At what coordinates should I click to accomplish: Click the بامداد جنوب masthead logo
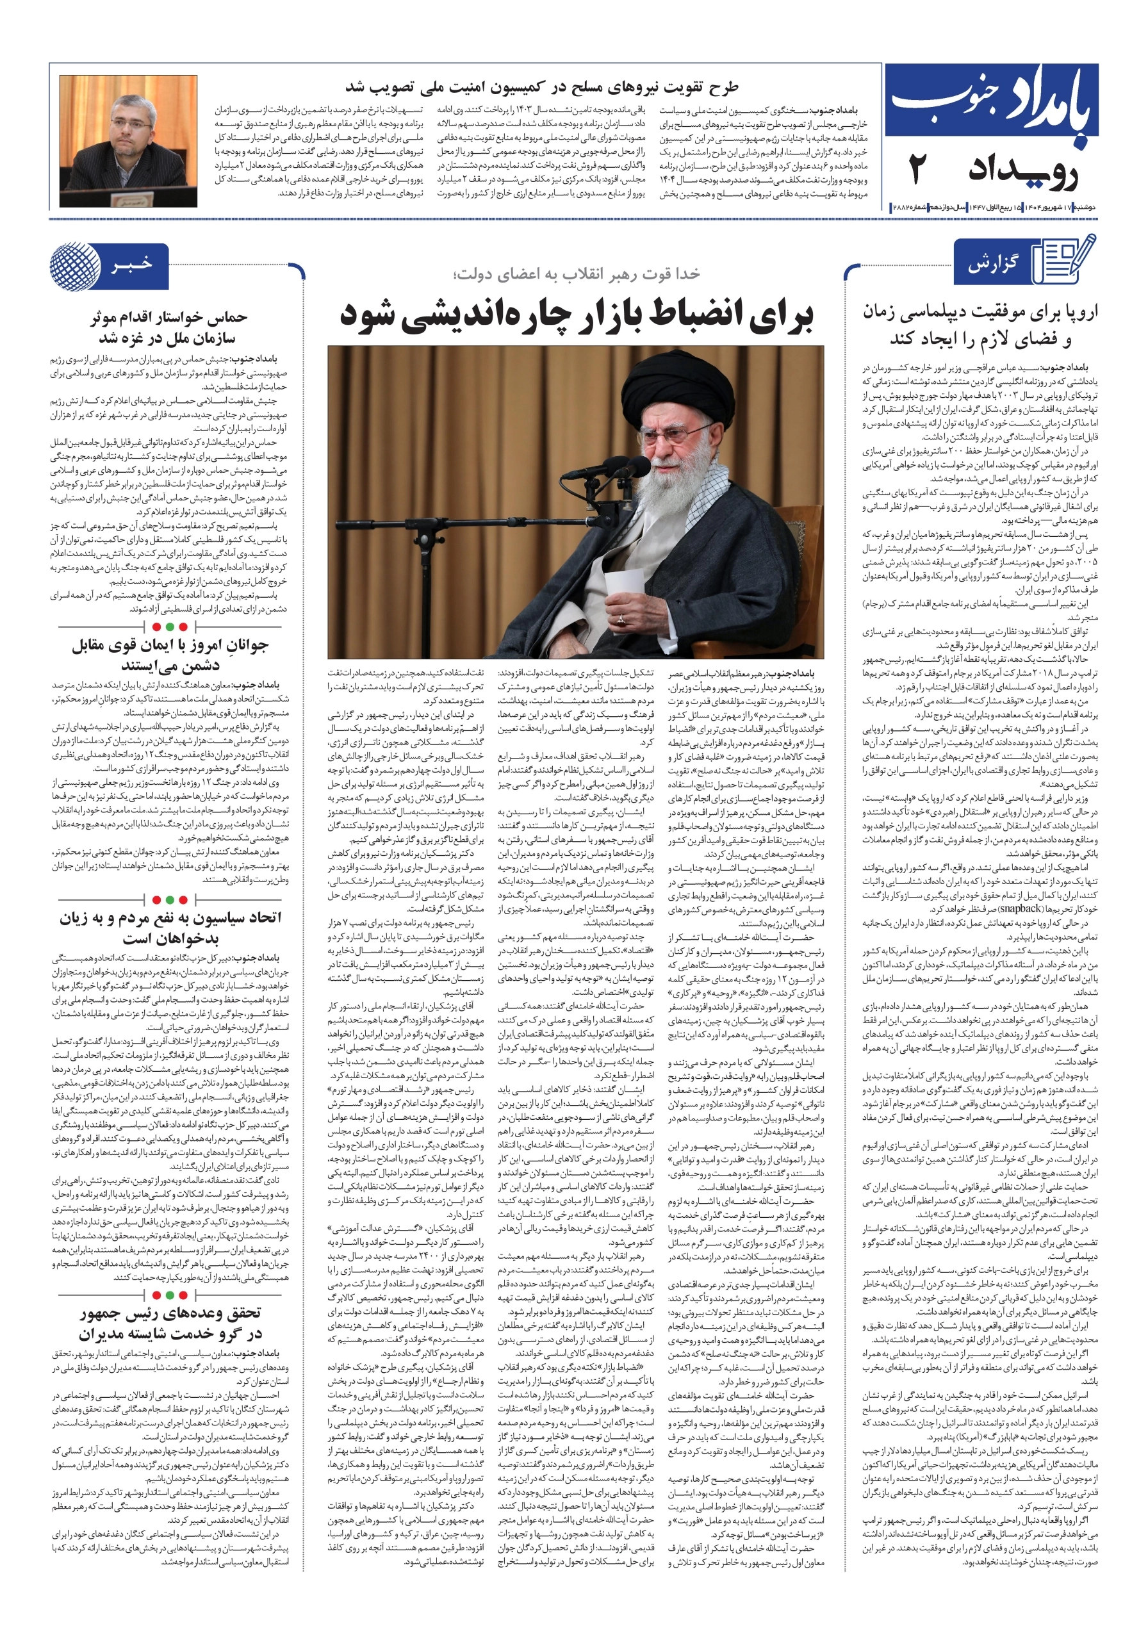(991, 101)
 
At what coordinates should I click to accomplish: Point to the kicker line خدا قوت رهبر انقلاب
(576, 274)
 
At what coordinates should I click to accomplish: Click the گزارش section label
(993, 265)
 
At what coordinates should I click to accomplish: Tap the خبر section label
(131, 265)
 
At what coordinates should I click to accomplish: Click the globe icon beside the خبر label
(75, 266)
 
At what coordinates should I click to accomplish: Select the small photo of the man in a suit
(129, 141)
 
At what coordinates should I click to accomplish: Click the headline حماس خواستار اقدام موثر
(168, 328)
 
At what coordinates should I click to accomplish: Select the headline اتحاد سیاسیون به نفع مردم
(170, 927)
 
